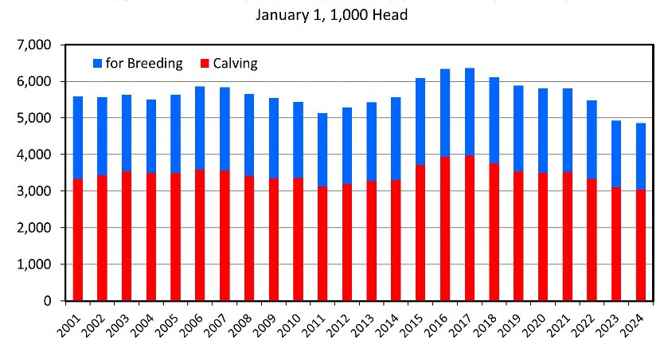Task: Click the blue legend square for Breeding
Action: [x=98, y=63]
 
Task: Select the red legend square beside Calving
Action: [x=205, y=63]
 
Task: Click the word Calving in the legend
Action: [x=236, y=63]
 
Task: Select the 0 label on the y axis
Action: [x=49, y=301]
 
